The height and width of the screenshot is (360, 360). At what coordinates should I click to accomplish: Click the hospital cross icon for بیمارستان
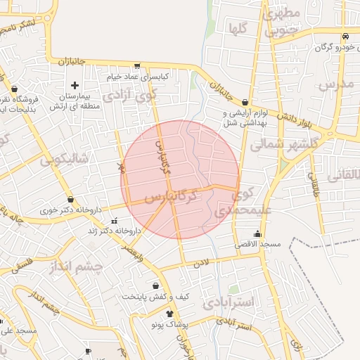[x=75, y=85]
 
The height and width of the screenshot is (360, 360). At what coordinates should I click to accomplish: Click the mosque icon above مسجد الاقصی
[x=258, y=233]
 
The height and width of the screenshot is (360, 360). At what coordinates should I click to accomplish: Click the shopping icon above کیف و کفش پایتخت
[x=156, y=285]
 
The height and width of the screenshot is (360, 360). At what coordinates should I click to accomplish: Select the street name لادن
[x=202, y=263]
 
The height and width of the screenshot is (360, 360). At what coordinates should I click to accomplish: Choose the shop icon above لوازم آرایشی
[x=245, y=102]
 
